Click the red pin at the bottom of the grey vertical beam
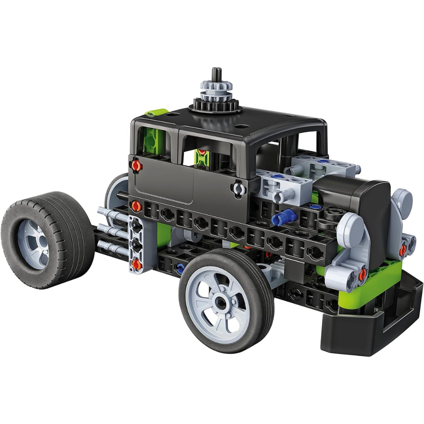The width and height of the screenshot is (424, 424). (136, 265)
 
